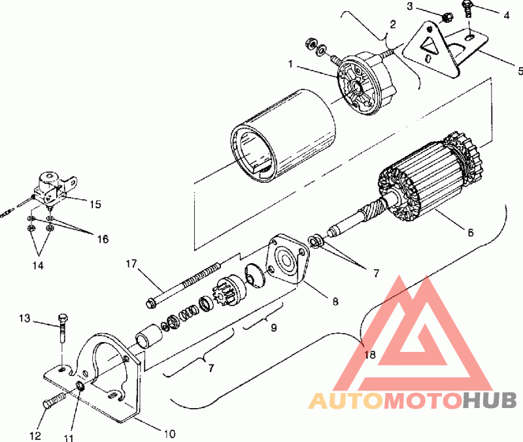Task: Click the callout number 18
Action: coord(370,355)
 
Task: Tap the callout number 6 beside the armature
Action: coord(470,232)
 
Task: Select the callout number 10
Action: coord(169,434)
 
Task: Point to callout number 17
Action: coord(131,264)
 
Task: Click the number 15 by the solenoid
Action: coord(95,204)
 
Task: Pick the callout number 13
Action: coord(24,319)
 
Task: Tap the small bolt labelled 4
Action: coord(467,9)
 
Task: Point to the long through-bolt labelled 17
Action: coord(183,284)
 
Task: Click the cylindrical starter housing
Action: coord(283,136)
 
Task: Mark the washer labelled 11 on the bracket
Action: coord(80,387)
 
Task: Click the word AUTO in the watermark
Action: coord(345,401)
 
